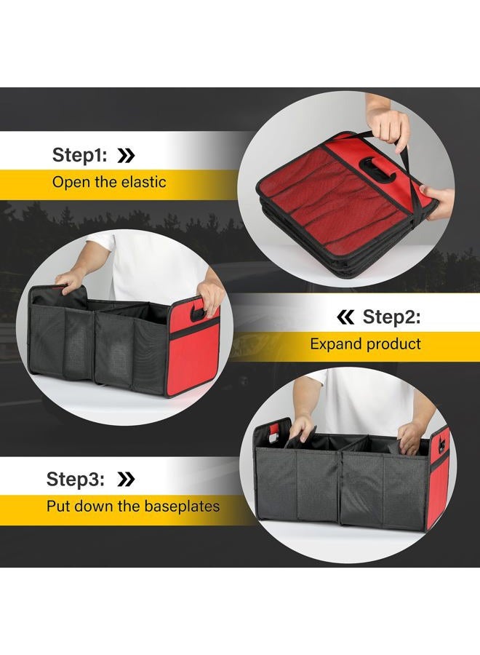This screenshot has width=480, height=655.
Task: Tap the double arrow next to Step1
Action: pyautogui.click(x=126, y=155)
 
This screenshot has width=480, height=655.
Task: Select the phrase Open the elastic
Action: pyautogui.click(x=108, y=181)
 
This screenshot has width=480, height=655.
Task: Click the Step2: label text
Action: pyautogui.click(x=391, y=317)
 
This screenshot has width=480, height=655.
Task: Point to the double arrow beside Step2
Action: pyautogui.click(x=346, y=317)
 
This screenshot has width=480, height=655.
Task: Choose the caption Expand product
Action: pyautogui.click(x=365, y=344)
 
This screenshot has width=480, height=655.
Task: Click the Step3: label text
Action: pyautogui.click(x=76, y=479)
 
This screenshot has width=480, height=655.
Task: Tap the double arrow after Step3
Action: pyautogui.click(x=125, y=479)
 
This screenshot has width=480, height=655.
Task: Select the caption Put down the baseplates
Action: pyautogui.click(x=133, y=506)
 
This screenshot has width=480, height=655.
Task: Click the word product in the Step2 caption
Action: pyautogui.click(x=393, y=344)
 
